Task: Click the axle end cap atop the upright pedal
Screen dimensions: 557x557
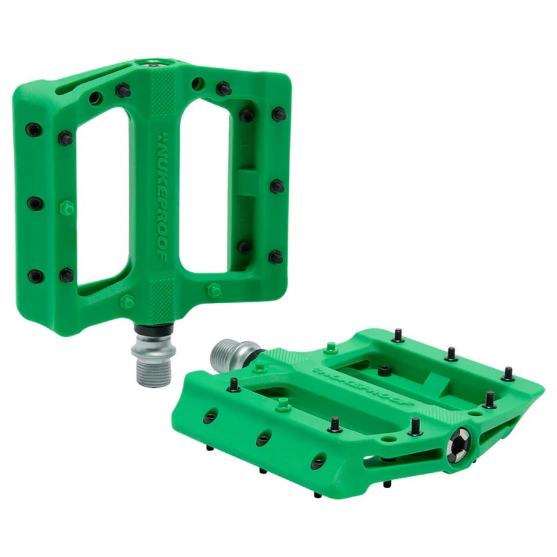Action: pos(153,63)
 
